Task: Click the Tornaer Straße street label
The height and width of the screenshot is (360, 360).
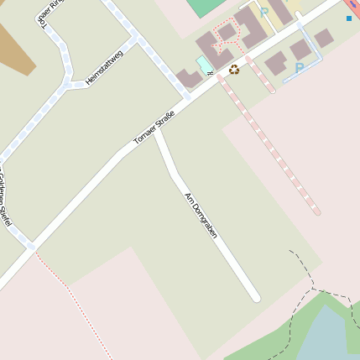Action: pos(154,127)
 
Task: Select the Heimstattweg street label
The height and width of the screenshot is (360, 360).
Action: pos(104,68)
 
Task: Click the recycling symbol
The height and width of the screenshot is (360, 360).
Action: pos(234,70)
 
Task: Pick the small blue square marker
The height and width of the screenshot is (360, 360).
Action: pos(349,18)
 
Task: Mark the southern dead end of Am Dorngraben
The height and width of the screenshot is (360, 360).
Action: pos(256,297)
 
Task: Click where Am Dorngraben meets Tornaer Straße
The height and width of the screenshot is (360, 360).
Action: pos(156,131)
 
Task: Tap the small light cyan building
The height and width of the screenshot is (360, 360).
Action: pos(204,65)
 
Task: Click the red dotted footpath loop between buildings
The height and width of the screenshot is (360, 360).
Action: pos(227,34)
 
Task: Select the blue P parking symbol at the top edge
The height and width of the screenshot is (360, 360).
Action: pos(264,13)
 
